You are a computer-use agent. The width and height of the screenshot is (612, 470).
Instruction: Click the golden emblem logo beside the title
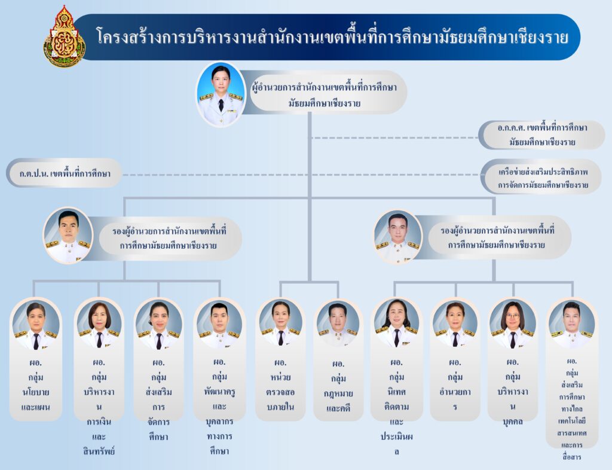[x=65, y=38]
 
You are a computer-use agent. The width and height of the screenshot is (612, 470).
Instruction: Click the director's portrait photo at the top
[x=221, y=94]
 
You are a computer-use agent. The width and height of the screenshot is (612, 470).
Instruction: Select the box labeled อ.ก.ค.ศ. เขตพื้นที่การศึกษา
[x=542, y=135]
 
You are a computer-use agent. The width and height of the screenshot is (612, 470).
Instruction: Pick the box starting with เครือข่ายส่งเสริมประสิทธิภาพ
[x=543, y=178]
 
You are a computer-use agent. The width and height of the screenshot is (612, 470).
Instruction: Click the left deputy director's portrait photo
[x=68, y=235]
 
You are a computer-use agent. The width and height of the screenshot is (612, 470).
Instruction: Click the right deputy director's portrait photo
[x=397, y=236]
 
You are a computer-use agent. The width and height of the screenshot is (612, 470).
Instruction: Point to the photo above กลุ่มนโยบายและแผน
[x=36, y=326]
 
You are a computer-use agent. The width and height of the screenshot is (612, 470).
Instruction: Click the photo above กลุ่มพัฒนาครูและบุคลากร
[x=219, y=325]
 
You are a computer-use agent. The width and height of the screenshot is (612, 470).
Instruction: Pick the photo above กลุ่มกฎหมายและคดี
[x=338, y=325]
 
